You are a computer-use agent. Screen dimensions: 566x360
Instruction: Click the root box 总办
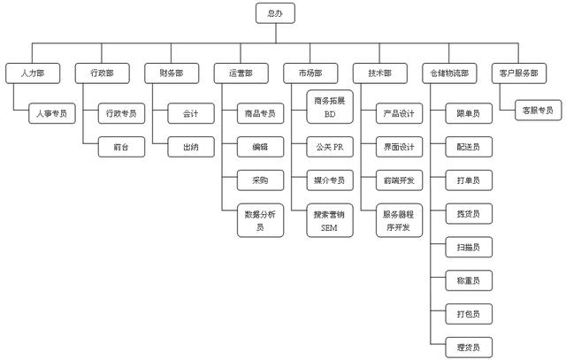pos(275,13)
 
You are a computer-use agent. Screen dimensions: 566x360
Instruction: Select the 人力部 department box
pos(33,73)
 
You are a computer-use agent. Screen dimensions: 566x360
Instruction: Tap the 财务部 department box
pos(172,73)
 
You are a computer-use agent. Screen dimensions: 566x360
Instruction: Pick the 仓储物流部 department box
pos(449,73)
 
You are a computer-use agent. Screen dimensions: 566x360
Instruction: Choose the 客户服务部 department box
pos(519,73)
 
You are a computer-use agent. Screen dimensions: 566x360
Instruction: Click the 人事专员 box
pos(52,113)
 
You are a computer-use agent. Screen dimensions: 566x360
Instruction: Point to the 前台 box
pos(122,147)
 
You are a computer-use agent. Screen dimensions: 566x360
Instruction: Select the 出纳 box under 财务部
pos(191,147)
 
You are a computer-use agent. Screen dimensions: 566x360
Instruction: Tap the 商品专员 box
pos(261,113)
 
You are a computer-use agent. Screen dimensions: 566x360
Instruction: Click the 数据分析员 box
pos(261,220)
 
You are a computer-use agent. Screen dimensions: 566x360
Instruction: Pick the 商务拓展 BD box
pos(330,107)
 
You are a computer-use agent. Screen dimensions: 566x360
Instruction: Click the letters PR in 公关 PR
pos(339,147)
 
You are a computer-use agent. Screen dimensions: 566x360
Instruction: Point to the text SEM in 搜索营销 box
pos(329,228)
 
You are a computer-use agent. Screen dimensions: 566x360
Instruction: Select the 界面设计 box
pos(399,147)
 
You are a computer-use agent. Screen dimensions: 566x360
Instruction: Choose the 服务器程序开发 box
pos(399,220)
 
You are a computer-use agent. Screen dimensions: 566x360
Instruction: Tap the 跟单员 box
pos(469,113)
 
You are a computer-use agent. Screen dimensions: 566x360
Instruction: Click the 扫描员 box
pos(469,247)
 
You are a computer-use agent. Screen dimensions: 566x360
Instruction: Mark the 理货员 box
pos(469,348)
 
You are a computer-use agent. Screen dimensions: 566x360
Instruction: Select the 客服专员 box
pos(539,111)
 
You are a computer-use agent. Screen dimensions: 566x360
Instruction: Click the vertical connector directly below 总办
pos(276,34)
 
